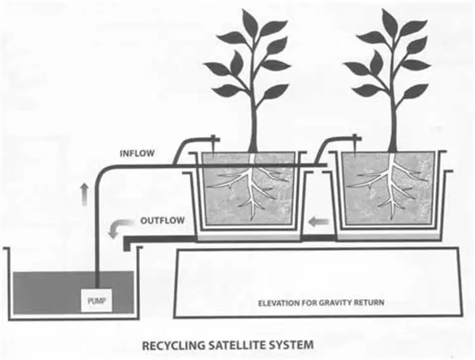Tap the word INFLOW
tap(137, 153)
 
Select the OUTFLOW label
tap(162, 221)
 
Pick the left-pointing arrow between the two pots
tap(319, 222)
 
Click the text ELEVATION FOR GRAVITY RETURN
tap(320, 302)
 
